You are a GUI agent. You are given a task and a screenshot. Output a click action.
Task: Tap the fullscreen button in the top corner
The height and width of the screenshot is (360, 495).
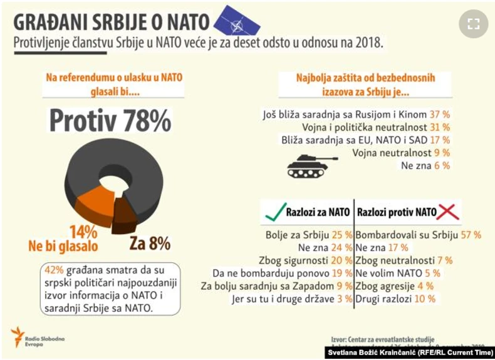(473, 24)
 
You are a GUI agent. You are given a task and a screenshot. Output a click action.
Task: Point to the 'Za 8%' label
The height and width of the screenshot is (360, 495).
(150, 242)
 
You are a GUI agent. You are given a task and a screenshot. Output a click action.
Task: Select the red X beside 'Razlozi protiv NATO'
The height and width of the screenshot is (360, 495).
(448, 212)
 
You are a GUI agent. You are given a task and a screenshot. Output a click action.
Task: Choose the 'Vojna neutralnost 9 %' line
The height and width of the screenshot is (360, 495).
(401, 152)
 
